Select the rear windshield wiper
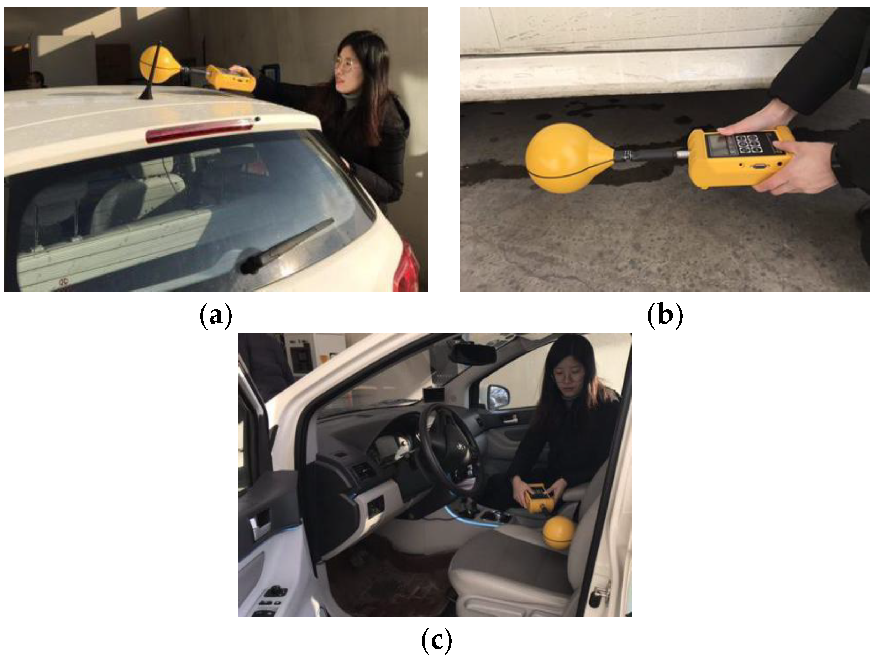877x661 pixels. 286,246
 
